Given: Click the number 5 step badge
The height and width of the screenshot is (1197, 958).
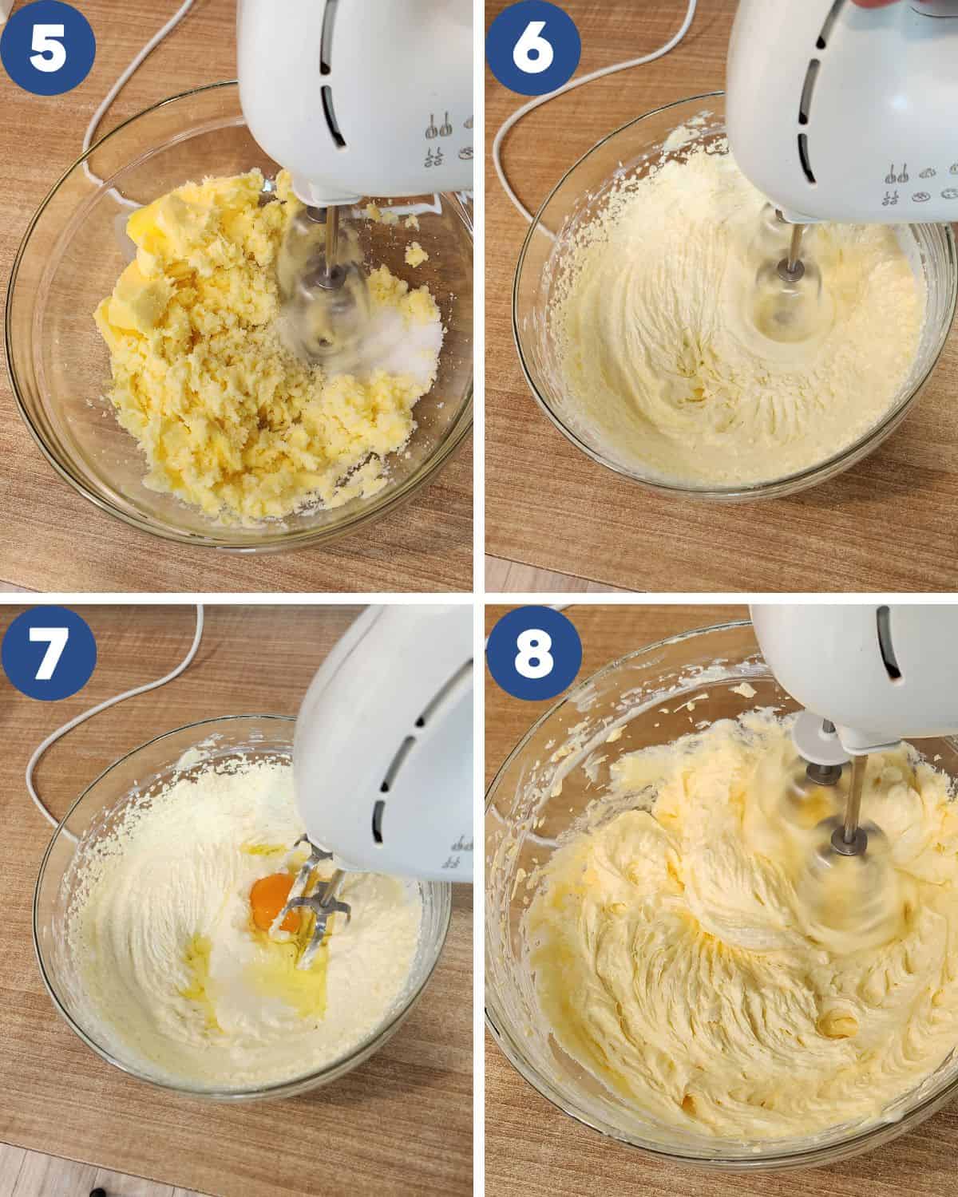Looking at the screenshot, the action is click(47, 47).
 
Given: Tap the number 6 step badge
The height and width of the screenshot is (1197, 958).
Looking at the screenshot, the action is click(532, 47).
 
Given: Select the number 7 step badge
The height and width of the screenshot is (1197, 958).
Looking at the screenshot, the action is click(49, 652).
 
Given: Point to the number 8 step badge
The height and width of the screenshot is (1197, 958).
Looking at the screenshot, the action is click(534, 652).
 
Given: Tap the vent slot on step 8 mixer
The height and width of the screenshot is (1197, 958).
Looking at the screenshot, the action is click(889, 646).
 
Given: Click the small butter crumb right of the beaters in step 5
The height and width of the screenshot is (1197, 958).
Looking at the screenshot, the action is click(415, 255).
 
